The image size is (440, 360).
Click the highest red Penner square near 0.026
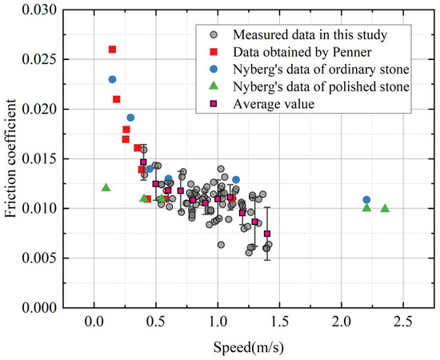(112, 50)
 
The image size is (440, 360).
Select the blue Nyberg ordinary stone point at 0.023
(112, 79)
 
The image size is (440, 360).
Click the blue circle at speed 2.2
(366, 199)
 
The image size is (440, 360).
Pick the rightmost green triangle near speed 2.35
(385, 209)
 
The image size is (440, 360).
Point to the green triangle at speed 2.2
(366, 208)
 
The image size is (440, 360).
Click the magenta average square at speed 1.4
(267, 234)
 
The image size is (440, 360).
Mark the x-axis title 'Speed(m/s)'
(248, 348)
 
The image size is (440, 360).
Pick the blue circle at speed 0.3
(130, 118)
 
